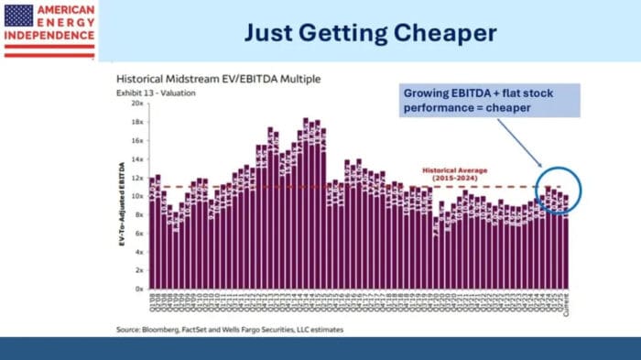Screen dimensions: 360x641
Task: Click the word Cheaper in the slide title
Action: [445, 33]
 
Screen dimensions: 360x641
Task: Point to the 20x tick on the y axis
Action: [137, 104]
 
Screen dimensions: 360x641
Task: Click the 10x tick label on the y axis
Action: [137, 196]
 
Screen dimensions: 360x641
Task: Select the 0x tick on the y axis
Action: [139, 289]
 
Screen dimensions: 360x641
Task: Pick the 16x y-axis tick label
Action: [137, 140]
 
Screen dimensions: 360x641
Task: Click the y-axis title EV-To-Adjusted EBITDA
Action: [121, 196]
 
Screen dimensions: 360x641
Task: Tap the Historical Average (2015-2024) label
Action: [466, 174]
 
